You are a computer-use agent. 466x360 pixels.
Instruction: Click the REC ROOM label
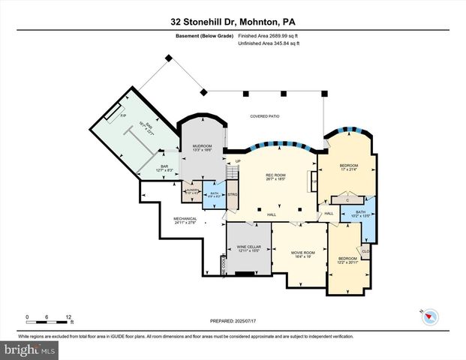[x=275, y=176]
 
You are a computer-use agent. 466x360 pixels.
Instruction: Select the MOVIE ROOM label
[x=303, y=253]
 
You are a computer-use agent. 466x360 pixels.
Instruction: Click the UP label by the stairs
[x=239, y=161]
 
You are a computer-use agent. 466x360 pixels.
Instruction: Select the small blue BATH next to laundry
[x=215, y=194]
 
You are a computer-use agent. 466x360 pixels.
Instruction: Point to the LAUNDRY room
[x=191, y=191]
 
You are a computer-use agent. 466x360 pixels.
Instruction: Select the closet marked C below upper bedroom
[x=348, y=199]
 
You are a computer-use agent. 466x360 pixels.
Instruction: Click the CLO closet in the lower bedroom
[x=365, y=251]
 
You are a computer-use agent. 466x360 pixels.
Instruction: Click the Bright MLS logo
[x=29, y=349]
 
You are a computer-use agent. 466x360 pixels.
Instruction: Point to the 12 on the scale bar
[x=69, y=316]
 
